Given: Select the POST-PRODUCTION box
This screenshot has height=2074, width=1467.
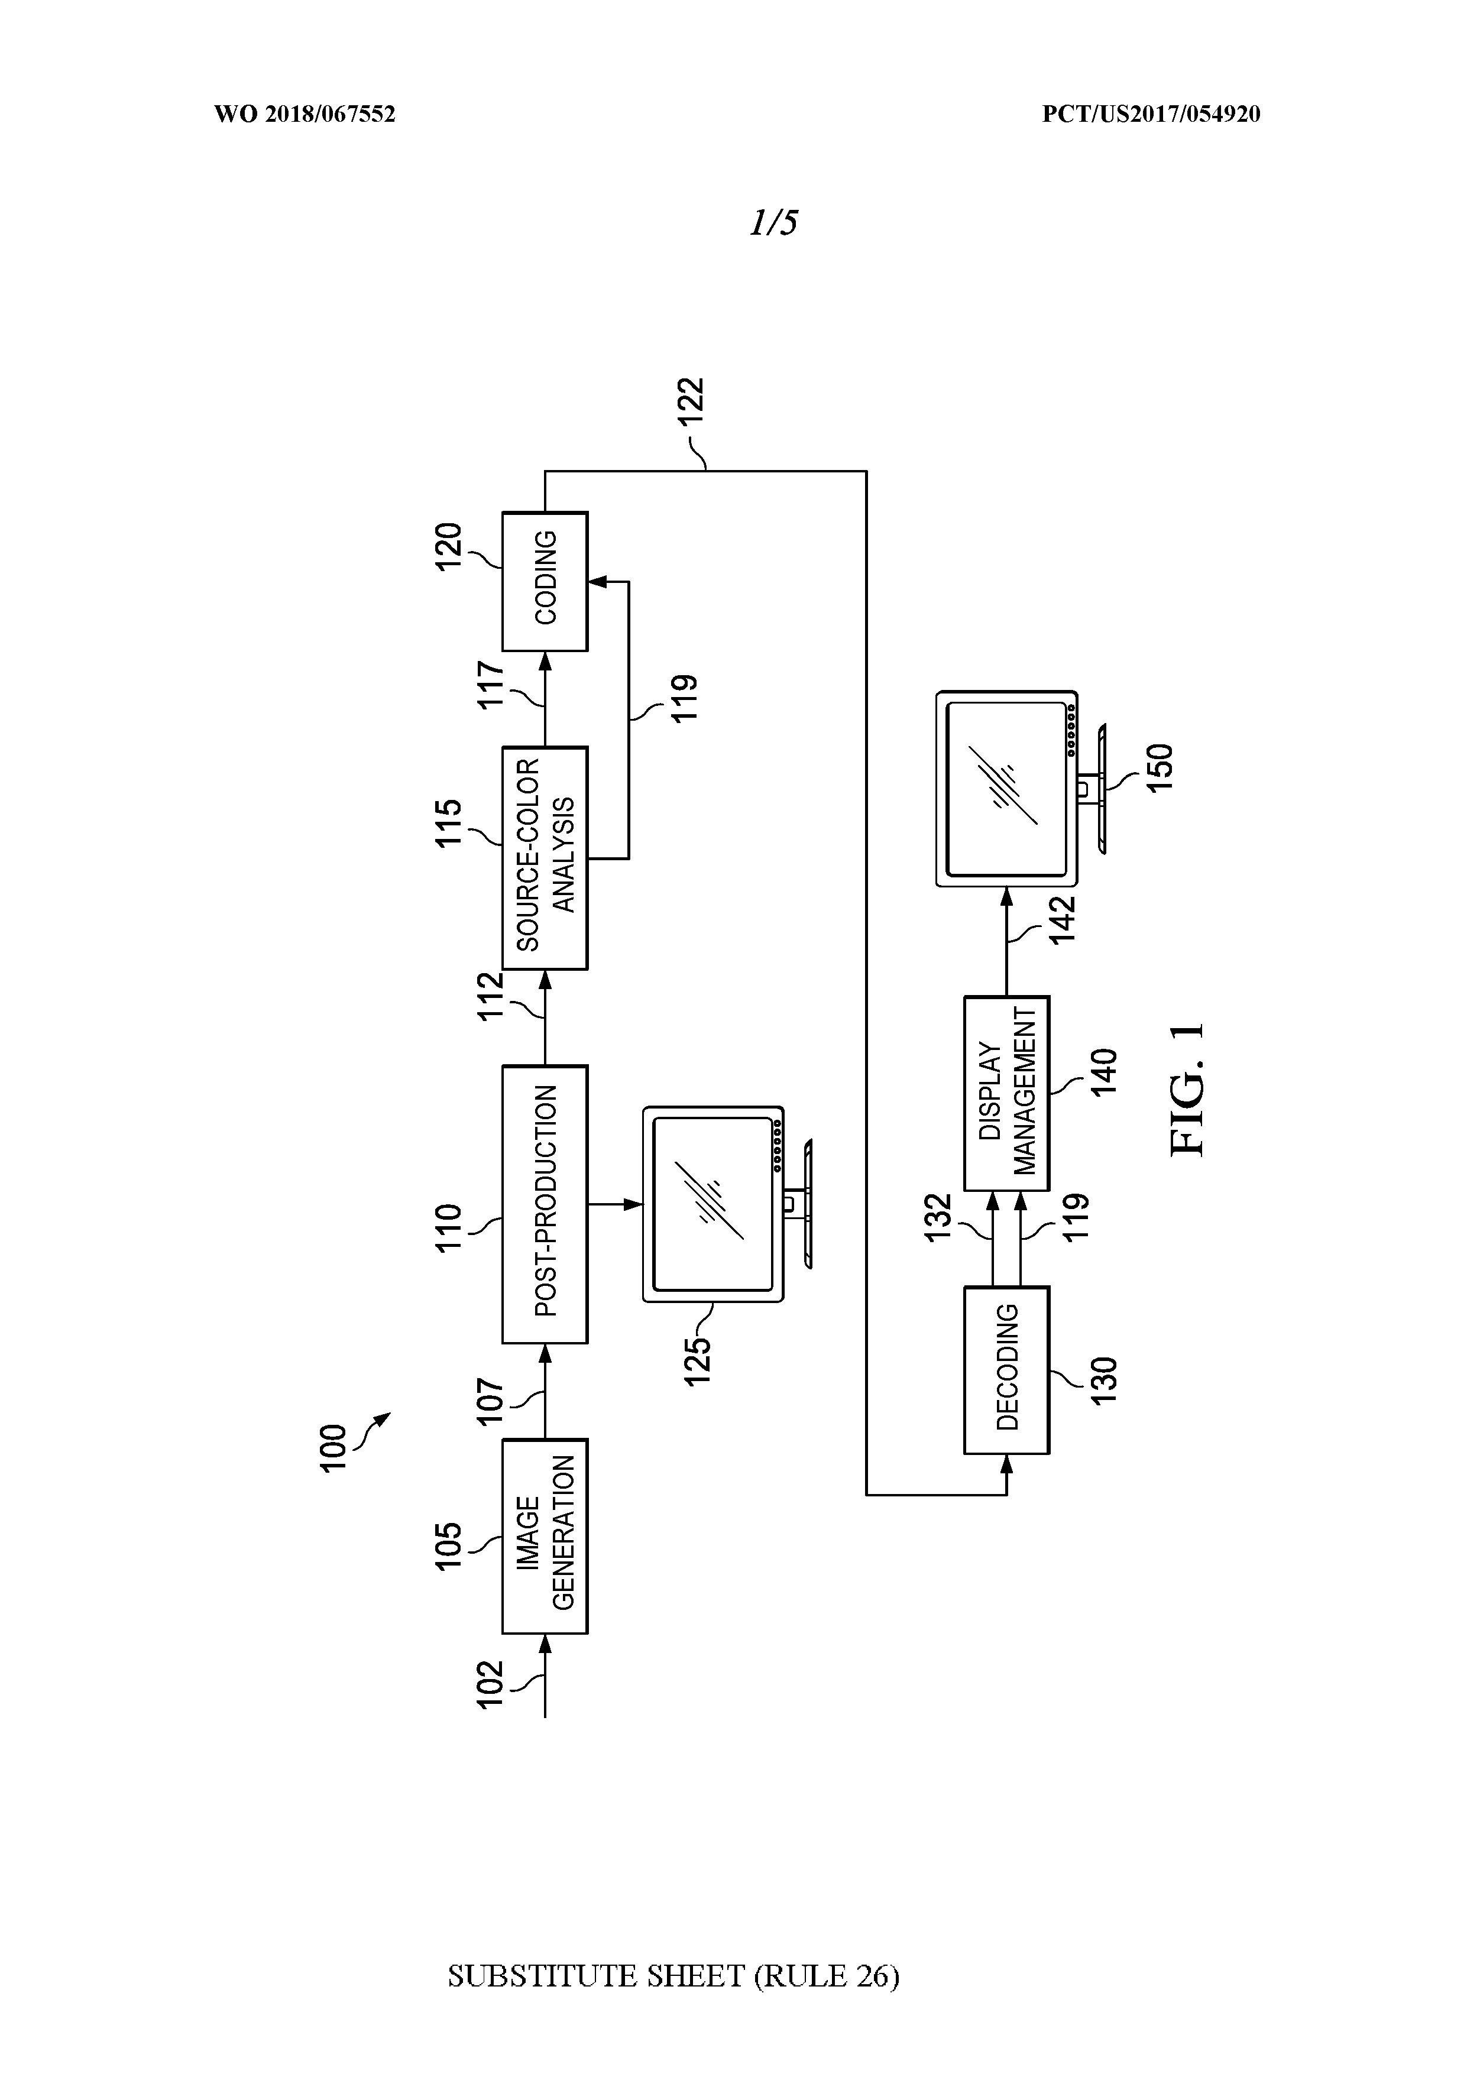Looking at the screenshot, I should (x=545, y=1204).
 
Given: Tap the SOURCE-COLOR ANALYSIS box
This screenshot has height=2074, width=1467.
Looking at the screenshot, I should (x=545, y=857).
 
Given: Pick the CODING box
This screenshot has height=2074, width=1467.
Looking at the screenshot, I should (x=545, y=581).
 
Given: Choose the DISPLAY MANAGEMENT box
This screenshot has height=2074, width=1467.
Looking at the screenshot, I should (x=1006, y=1093).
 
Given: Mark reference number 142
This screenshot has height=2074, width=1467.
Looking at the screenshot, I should (x=1063, y=919).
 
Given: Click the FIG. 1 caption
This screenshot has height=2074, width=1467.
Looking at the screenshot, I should (x=1186, y=1090).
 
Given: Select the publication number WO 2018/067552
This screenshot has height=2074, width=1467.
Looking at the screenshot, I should (x=305, y=114).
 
